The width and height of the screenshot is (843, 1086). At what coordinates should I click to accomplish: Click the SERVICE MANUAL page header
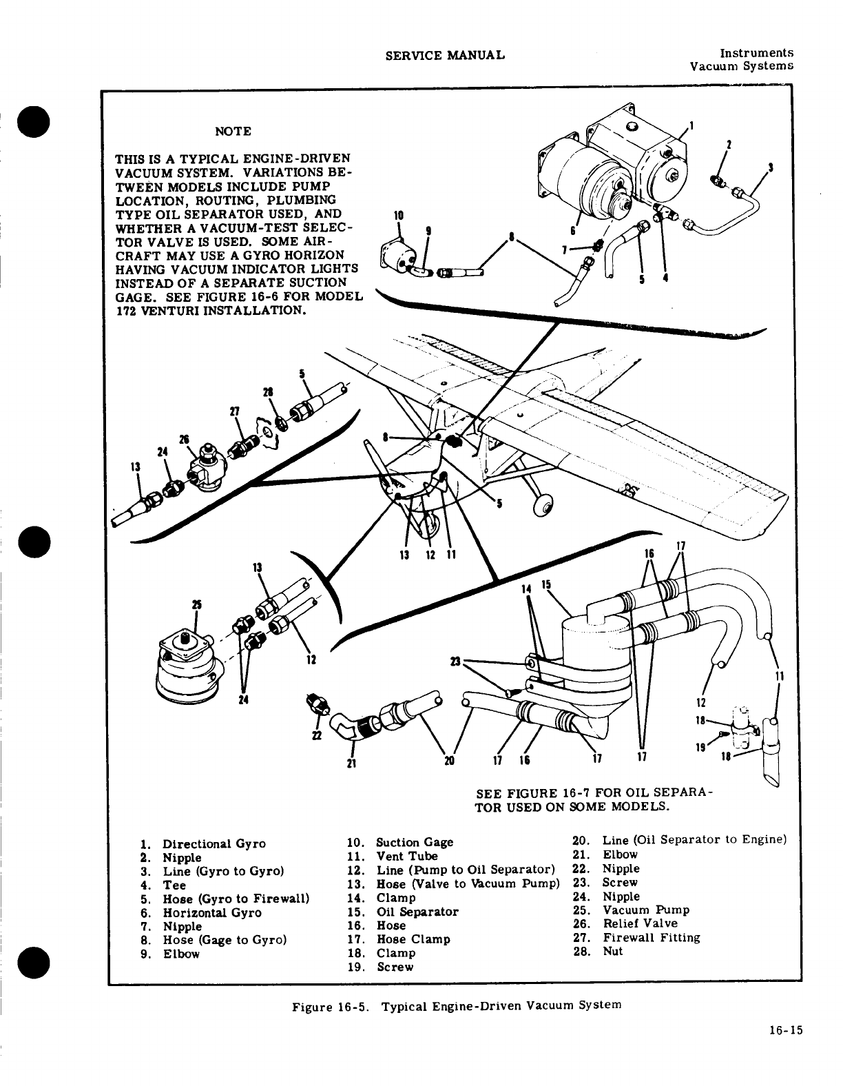coord(445,54)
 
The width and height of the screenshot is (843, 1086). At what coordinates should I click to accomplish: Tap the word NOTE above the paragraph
coord(233,131)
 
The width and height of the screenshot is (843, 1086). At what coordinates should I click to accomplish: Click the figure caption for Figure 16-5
coord(457,1005)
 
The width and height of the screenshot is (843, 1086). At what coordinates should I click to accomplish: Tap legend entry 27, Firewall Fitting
coord(637,937)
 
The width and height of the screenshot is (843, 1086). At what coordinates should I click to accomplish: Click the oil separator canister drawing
coord(595,662)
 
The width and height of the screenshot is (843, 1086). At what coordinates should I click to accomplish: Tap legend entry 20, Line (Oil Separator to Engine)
coord(679,839)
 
